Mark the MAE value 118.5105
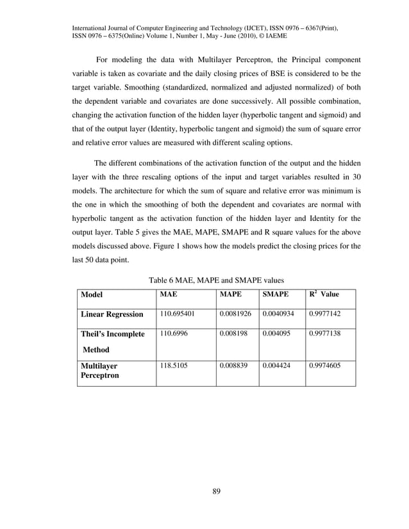pos(175,364)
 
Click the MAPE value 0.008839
pos(235,364)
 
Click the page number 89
pos(216,491)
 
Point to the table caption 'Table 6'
pos(162,280)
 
